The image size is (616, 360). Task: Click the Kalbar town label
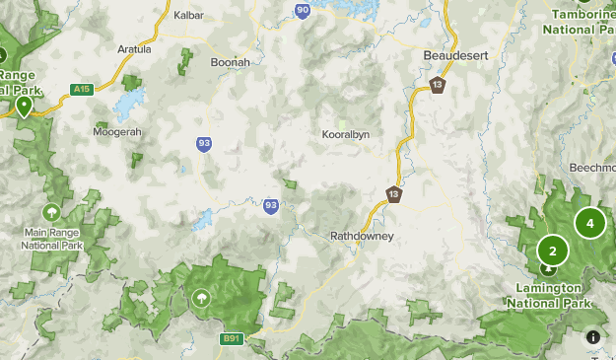[x=187, y=15]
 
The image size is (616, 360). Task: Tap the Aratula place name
[x=134, y=48]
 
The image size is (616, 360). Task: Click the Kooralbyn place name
[x=346, y=134]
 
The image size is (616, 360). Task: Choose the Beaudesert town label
[x=455, y=56]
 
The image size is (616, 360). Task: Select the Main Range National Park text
[x=51, y=238]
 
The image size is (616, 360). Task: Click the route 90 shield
[x=303, y=11]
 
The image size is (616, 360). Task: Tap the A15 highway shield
[x=83, y=90]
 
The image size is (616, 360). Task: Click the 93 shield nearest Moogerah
[x=203, y=144]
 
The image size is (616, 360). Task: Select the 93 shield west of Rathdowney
[x=271, y=206]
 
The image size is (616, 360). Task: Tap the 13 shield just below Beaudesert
[x=437, y=85]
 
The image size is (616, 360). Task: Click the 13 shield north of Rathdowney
[x=394, y=193]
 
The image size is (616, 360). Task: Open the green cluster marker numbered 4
[x=589, y=223]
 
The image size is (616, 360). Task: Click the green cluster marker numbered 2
[x=553, y=251]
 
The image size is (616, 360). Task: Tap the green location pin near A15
[x=24, y=106]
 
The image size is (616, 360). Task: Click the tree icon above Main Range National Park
[x=51, y=212]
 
